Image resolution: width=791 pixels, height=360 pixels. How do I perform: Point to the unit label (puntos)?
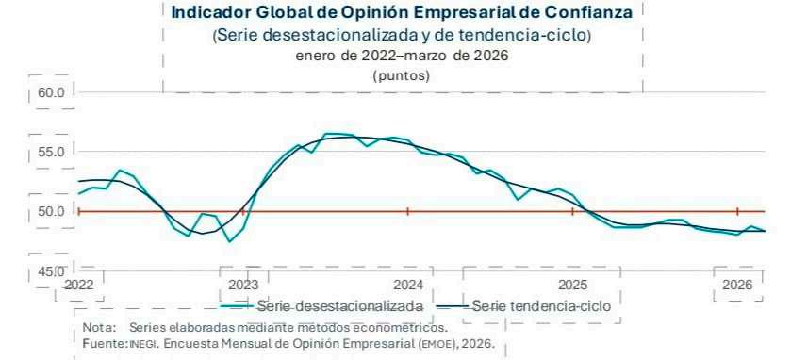pos(402,76)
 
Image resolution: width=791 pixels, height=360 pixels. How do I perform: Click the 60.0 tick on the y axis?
pos(51,93)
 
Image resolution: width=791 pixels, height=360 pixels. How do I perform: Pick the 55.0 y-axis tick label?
pos(51,152)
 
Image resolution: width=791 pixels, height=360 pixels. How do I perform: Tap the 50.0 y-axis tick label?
pos(51,211)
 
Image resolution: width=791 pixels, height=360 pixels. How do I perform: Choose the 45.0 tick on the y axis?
pos(51,272)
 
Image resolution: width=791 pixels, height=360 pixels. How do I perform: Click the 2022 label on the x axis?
pos(79,285)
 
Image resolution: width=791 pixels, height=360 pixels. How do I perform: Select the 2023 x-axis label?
pos(243,285)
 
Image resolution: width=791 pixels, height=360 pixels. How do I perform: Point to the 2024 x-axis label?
pos(407,285)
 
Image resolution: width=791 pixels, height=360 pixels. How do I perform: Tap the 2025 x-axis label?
pos(572,285)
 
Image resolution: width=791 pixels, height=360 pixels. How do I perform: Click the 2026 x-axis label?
pos(737,285)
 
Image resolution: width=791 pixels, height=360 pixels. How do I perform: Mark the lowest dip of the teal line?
pos(229,241)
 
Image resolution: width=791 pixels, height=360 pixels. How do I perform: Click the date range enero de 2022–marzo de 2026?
pos(402,56)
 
